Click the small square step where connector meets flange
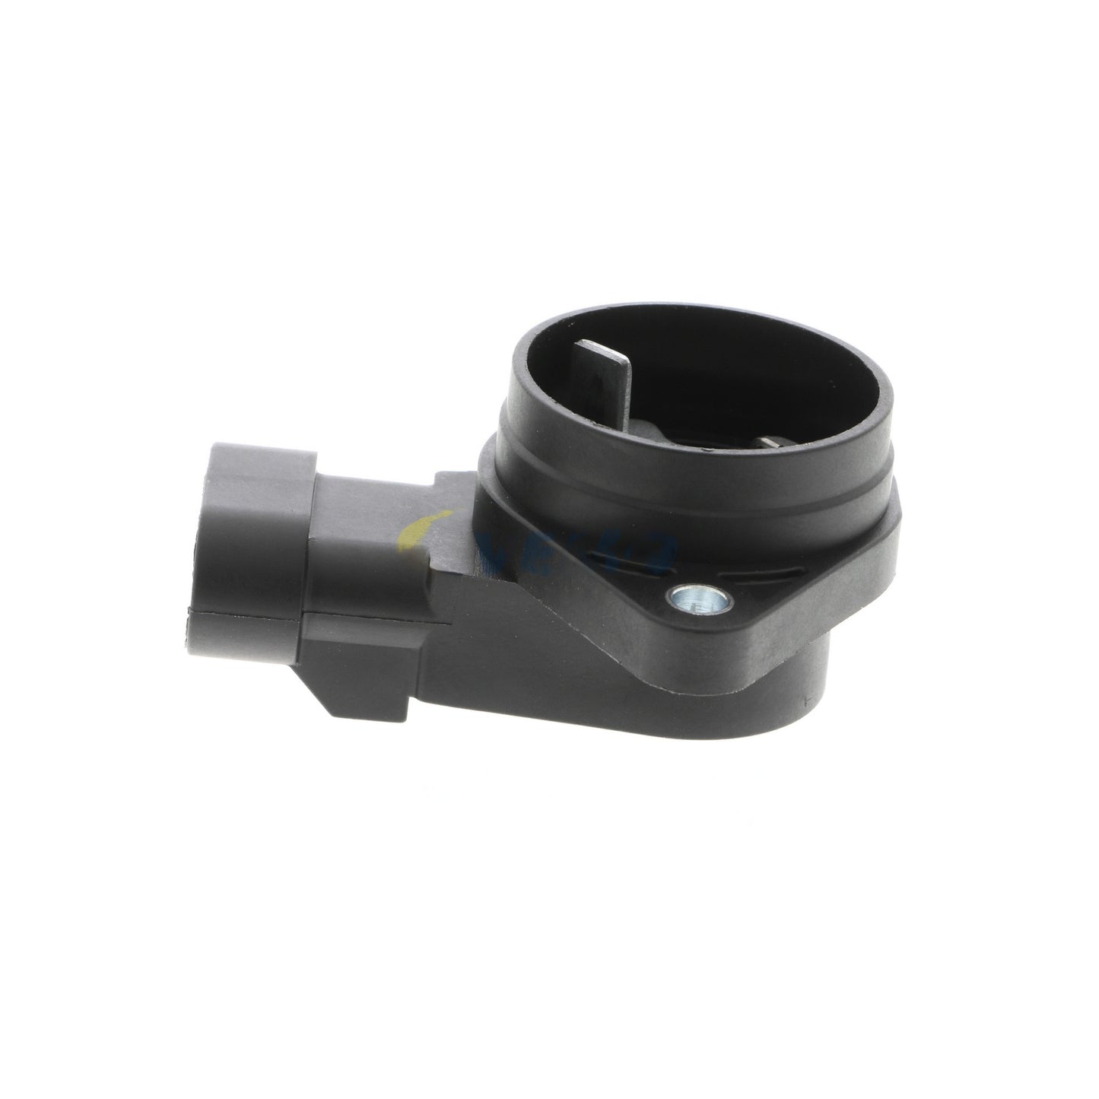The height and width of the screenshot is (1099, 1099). (449, 494)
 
